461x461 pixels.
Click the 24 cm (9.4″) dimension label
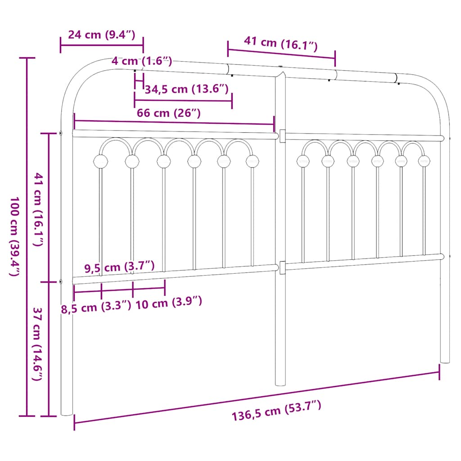tap(101, 35)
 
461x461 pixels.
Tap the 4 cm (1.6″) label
tap(141, 61)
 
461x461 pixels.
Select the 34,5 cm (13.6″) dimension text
tap(187, 89)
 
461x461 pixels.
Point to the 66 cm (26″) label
tap(169, 113)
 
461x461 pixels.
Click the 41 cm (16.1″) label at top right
tap(281, 44)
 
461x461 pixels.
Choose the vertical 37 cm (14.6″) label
tap(39, 344)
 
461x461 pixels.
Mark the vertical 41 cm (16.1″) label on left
tap(39, 209)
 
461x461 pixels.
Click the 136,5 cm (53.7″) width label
tap(276, 411)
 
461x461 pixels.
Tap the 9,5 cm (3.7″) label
tap(120, 267)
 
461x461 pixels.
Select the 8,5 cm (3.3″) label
tap(96, 308)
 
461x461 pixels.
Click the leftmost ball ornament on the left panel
tap(100, 161)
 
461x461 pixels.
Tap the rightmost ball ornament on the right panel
tap(424, 160)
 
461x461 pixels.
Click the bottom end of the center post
tap(280, 384)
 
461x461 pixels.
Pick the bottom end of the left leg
tap(67, 413)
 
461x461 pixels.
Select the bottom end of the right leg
tap(445, 361)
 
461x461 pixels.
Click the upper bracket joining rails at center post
tap(282, 136)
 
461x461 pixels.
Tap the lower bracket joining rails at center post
tap(282, 267)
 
